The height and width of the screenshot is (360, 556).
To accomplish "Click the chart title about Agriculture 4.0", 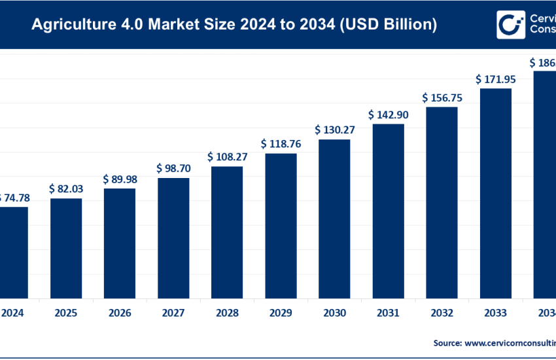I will coord(234,25).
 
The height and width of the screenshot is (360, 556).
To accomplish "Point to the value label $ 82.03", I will coord(66,189).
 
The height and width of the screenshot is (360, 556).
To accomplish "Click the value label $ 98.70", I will coord(173,168).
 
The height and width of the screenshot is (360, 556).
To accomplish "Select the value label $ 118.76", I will coord(281,143).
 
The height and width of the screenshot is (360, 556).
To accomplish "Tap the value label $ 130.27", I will coord(334,130).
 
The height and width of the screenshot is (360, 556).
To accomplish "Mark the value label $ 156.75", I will coord(442,97).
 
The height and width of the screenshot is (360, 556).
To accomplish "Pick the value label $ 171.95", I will coord(496,79).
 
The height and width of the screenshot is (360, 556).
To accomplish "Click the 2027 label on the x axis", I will coord(173,313).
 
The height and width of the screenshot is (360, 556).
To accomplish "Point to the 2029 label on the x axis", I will coord(281,313).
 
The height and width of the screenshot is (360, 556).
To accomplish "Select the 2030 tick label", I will coord(334,313).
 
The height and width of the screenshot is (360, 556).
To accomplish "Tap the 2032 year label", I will coord(442,313).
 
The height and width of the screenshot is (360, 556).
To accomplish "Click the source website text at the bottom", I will coord(494,342).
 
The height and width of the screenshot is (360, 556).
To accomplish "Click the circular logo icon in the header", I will coord(510,25).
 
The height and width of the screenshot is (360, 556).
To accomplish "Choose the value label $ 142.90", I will coord(388,115).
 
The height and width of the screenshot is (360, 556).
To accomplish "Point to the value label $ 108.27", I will coord(227,157).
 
